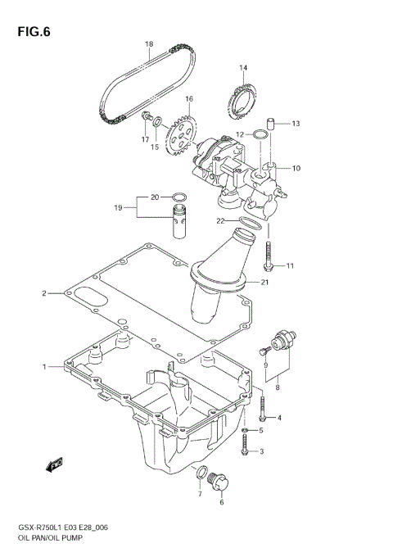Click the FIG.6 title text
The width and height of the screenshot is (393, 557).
tap(33, 33)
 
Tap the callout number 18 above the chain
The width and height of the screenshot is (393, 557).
tap(149, 44)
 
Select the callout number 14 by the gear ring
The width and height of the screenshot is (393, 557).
tap(243, 68)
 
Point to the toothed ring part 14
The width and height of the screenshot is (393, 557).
tap(240, 102)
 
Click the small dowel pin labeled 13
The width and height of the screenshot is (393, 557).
tap(274, 125)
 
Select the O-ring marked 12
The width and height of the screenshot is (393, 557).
tap(260, 134)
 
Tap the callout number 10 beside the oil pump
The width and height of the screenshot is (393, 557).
tap(296, 168)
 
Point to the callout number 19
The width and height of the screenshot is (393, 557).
tap(118, 208)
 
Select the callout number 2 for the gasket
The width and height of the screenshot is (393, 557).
tap(44, 292)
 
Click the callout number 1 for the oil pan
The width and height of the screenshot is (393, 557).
tap(44, 366)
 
